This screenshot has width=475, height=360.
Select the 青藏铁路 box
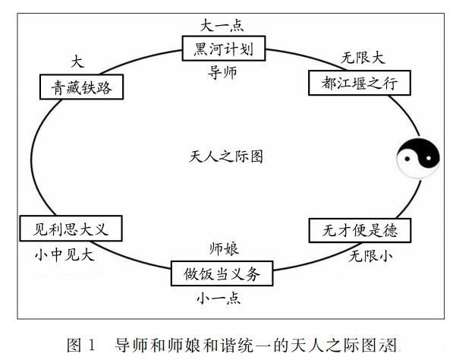click(x=82, y=87)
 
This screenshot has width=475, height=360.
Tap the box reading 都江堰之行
click(x=359, y=81)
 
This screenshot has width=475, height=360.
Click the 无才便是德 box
click(x=360, y=229)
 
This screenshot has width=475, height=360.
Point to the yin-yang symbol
click(x=418, y=157)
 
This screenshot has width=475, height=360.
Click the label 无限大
click(x=363, y=56)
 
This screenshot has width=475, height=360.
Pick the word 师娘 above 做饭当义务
click(x=225, y=249)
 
